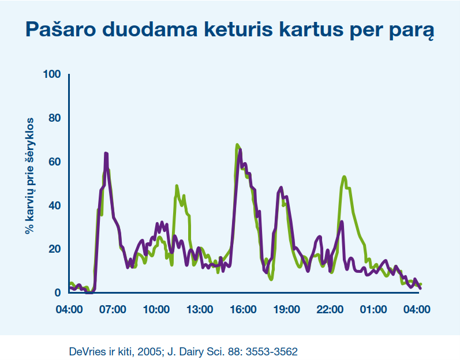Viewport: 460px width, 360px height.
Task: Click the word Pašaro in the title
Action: click(61, 29)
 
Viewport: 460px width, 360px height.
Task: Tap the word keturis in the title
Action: click(238, 29)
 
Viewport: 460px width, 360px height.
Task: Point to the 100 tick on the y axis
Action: click(52, 74)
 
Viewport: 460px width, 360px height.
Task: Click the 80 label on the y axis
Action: click(55, 118)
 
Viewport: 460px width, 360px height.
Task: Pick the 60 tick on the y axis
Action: click(55, 162)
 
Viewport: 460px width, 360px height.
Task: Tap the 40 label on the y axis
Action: click(55, 205)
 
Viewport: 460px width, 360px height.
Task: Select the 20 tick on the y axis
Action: click(55, 249)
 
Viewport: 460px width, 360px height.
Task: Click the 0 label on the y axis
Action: click(58, 292)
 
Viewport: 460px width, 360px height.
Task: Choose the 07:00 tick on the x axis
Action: click(113, 309)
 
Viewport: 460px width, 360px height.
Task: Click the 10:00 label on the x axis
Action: click(156, 309)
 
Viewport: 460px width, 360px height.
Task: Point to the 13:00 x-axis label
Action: click(200, 309)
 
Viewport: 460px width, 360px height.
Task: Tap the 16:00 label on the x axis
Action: click(243, 309)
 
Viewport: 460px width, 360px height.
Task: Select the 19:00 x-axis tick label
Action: click(287, 309)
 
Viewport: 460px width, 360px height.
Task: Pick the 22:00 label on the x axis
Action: click(330, 309)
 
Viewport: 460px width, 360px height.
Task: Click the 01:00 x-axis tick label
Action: click(373, 309)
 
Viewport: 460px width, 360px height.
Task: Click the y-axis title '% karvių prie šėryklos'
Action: click(29, 176)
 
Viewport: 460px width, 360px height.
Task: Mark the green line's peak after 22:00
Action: click(344, 177)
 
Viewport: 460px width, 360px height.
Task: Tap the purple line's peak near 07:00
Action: click(106, 153)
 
